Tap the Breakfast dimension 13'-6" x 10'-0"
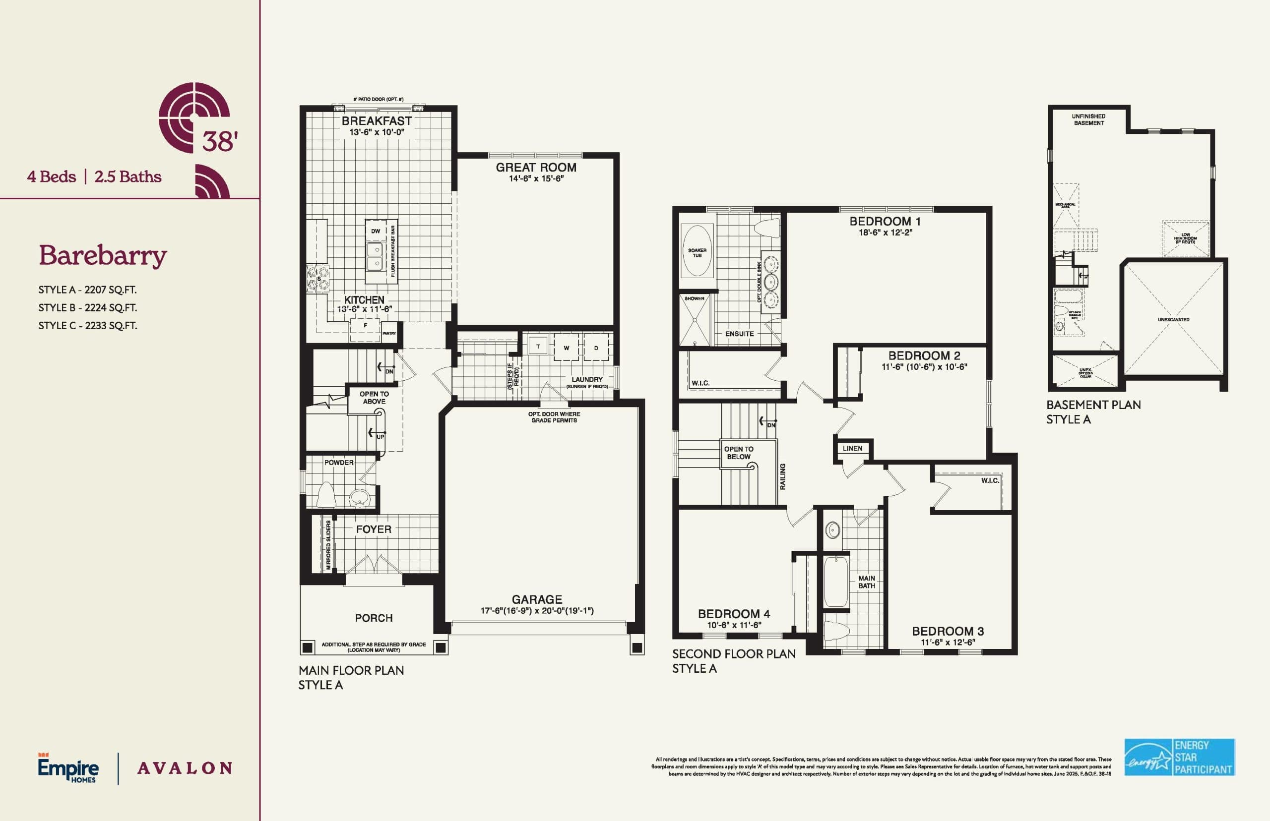377,132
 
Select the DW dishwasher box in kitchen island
376,231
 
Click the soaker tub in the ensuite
697,250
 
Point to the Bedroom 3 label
948,631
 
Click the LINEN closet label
852,448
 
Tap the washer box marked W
566,348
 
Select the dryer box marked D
596,348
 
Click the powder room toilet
325,495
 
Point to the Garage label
537,599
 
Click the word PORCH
374,618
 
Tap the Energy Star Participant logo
1179,757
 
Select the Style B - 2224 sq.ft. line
87,307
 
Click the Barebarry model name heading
102,255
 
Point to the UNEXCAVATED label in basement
1173,320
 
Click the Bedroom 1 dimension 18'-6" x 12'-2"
885,233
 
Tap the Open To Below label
738,453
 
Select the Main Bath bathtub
835,581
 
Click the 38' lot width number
219,141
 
